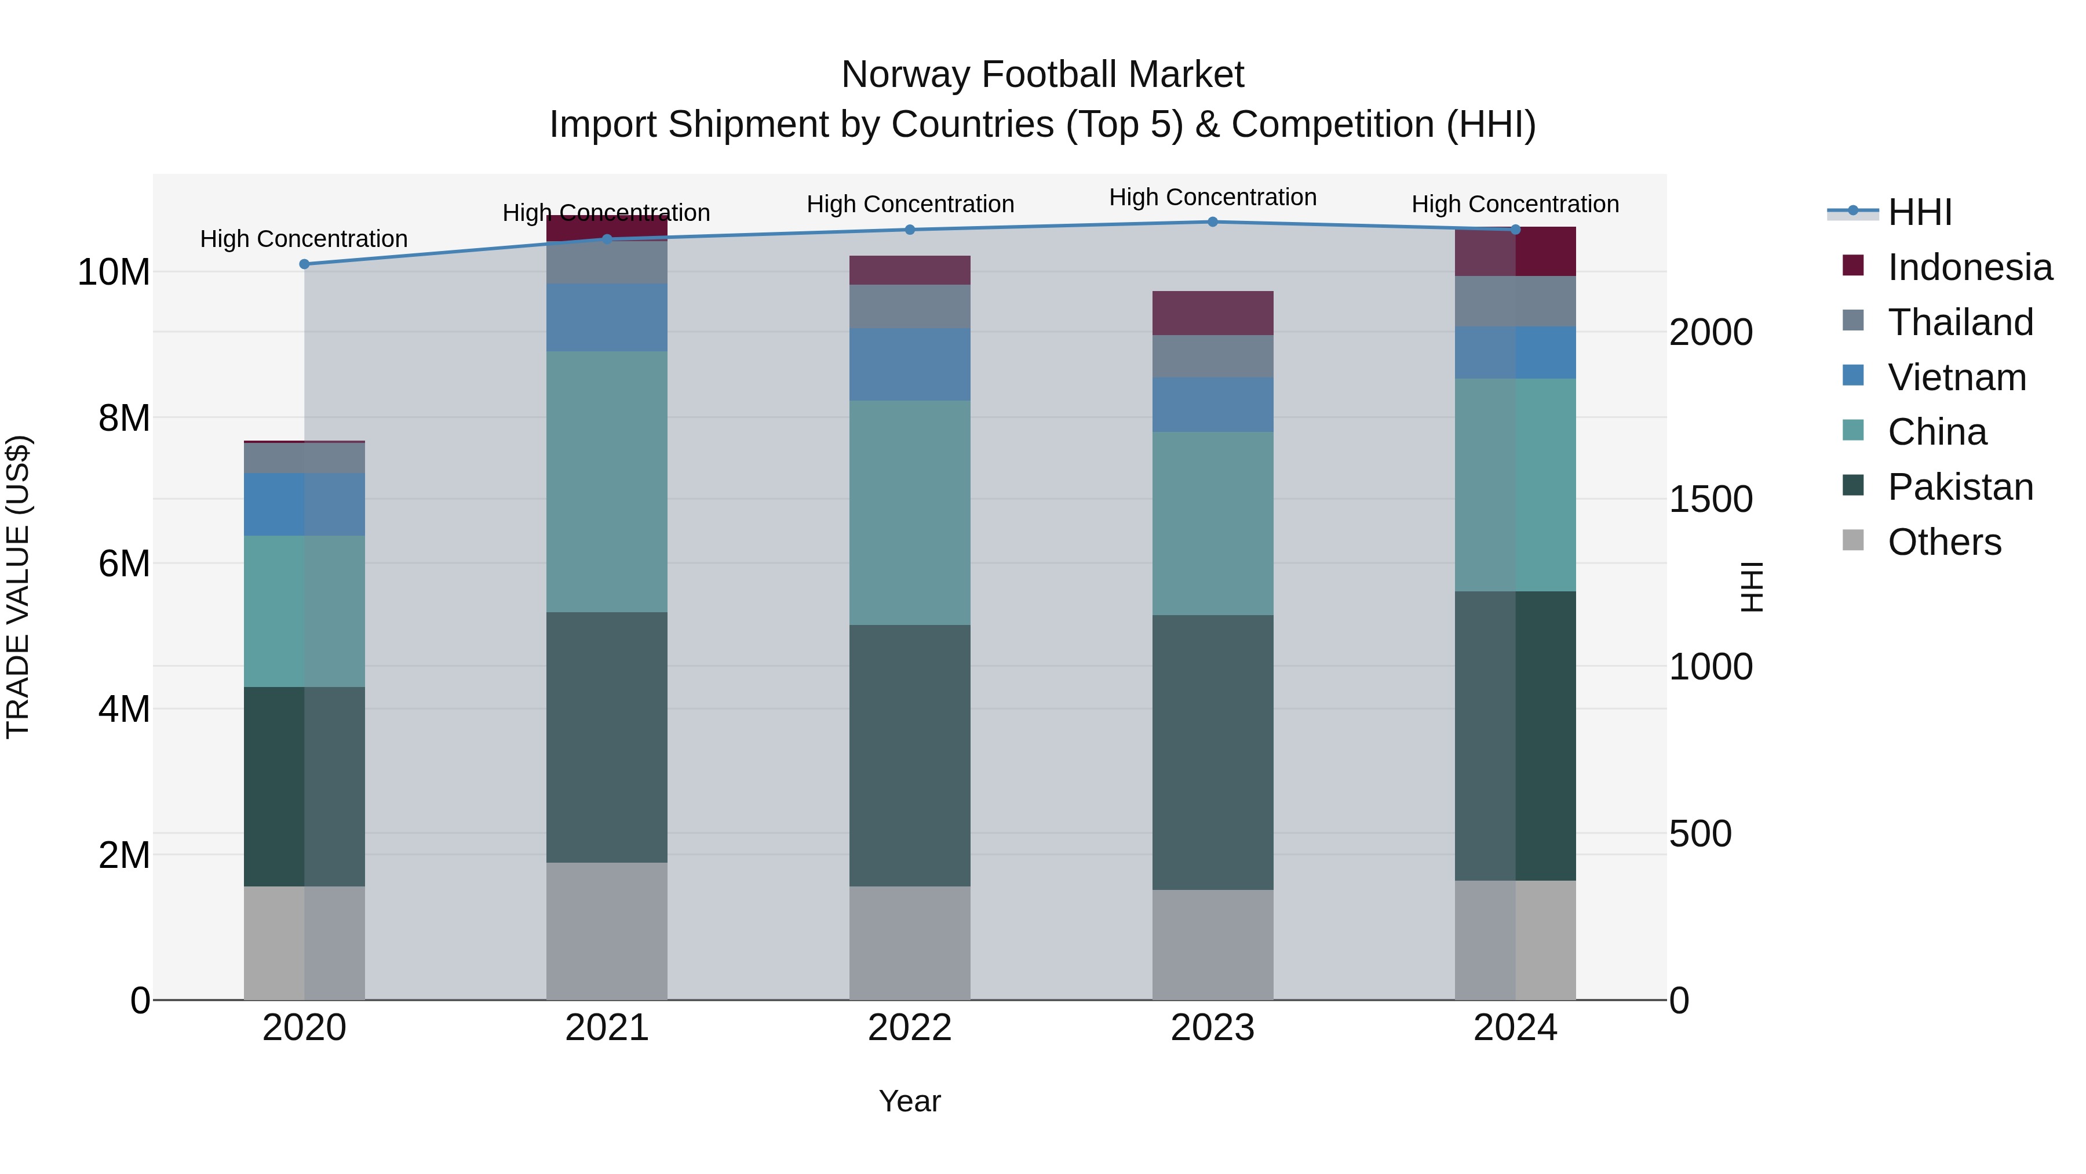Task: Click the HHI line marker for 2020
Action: click(304, 264)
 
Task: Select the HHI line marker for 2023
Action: click(1212, 222)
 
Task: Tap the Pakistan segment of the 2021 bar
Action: click(607, 737)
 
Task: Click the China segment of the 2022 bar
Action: click(909, 513)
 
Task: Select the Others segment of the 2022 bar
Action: click(909, 943)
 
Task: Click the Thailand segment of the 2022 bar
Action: click(909, 306)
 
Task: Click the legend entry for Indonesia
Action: click(1970, 267)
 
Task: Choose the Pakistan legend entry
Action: click(1960, 487)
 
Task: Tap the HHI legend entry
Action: click(1919, 212)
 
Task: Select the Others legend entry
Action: click(1943, 542)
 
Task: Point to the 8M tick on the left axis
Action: click(124, 418)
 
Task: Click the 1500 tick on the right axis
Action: click(1711, 499)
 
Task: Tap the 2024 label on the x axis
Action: click(1515, 1028)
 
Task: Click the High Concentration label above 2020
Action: click(304, 239)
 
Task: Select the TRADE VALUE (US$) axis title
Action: click(18, 587)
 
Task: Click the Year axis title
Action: click(909, 1101)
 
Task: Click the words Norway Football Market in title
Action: click(1042, 75)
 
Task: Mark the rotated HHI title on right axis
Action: click(1752, 587)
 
